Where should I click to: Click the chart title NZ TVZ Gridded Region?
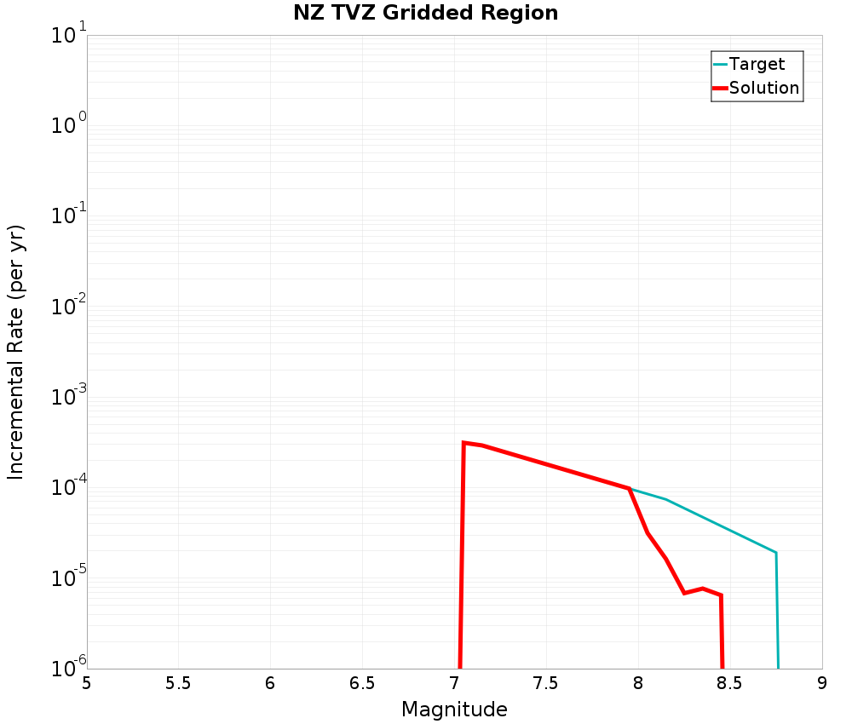tap(425, 14)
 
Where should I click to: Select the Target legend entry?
tap(757, 64)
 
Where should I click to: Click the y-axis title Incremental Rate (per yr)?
tap(16, 352)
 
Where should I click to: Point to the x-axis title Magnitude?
tap(454, 710)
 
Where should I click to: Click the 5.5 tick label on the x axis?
tap(178, 683)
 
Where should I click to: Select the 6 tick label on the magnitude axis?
tap(270, 683)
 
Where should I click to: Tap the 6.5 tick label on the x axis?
tap(362, 683)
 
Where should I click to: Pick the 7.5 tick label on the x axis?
tap(546, 683)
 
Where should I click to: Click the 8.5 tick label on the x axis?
tap(730, 683)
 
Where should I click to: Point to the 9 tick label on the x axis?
tap(822, 683)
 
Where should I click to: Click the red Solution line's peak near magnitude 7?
tap(463, 442)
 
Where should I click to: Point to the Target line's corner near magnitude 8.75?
tap(775, 553)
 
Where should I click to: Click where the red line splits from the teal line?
tap(629, 488)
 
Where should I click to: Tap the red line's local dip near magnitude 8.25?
tap(684, 593)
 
